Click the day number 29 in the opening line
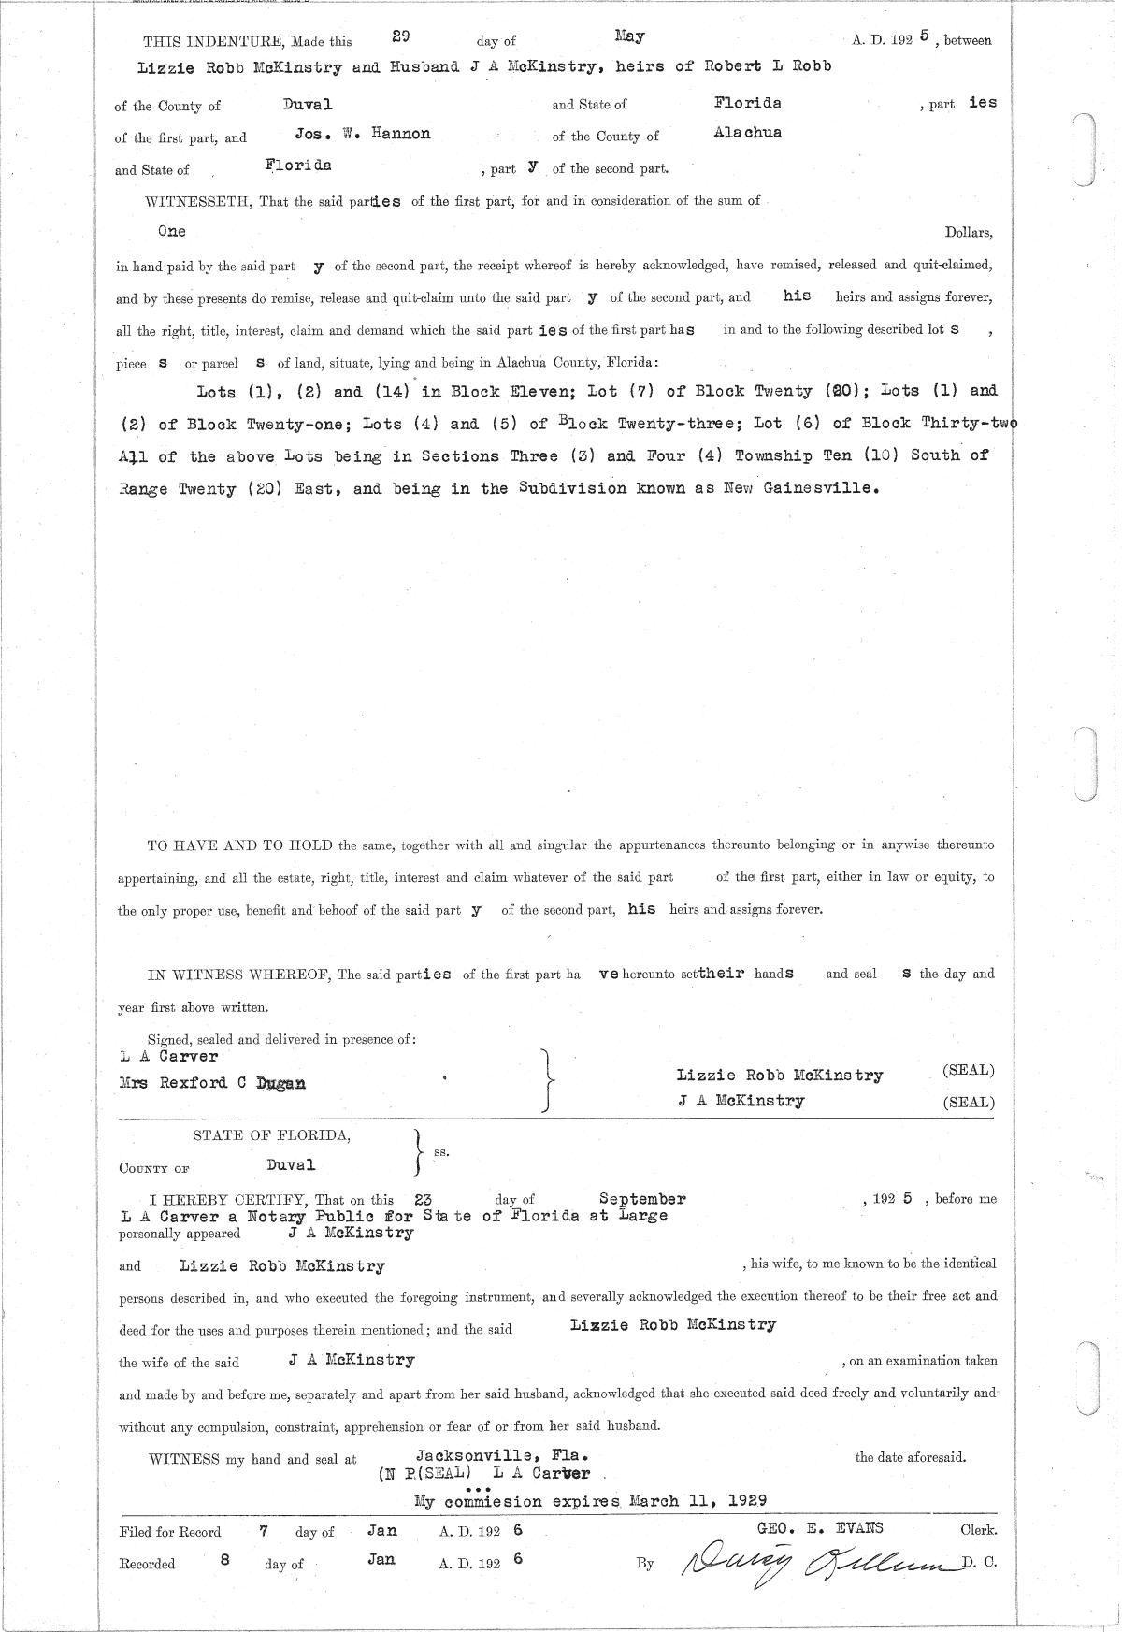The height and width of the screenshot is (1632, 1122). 401,36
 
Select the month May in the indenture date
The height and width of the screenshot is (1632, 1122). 629,36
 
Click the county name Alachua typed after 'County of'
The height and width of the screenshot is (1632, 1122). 747,133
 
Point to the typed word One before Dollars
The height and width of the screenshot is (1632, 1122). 172,231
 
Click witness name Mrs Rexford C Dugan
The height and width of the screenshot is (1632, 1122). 212,1083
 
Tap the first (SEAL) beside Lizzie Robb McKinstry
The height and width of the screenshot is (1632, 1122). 969,1070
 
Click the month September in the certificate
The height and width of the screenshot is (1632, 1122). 642,1199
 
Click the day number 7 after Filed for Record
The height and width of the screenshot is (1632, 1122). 265,1530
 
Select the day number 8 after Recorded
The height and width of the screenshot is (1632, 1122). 224,1561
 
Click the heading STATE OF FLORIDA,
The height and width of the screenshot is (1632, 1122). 272,1135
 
